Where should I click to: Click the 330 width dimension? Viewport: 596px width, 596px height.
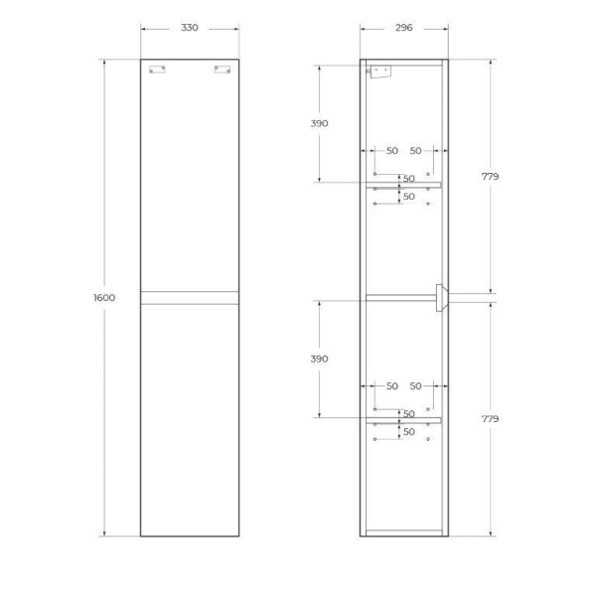(x=189, y=28)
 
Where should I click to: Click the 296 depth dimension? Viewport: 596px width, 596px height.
(x=403, y=28)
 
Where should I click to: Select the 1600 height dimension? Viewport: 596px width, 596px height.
(x=104, y=298)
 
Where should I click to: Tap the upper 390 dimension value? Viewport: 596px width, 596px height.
(x=318, y=123)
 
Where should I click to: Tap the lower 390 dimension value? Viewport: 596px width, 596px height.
(x=318, y=358)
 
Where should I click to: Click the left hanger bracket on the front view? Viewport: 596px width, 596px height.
(x=157, y=70)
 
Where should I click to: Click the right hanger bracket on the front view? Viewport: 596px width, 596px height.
(x=222, y=70)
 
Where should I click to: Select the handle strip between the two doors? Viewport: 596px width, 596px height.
(x=189, y=297)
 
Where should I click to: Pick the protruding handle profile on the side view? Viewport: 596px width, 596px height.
(x=441, y=297)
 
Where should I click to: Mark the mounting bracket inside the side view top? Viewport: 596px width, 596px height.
(x=379, y=72)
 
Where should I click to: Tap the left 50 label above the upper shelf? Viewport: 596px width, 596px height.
(x=391, y=151)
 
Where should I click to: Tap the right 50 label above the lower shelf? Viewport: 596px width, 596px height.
(x=416, y=385)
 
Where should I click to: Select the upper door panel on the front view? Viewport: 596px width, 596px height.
(x=189, y=179)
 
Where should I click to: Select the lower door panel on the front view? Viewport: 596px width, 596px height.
(x=189, y=417)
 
